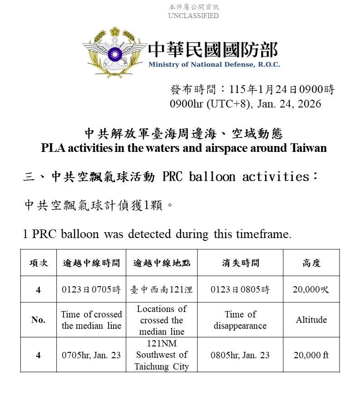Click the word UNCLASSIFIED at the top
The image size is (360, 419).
point(193,16)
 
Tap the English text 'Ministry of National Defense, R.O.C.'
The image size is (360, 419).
point(214,64)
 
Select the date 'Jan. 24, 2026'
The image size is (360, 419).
point(289,104)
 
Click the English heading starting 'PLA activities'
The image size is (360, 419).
point(184,148)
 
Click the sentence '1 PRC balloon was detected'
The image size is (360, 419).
point(157,234)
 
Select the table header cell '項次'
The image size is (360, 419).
point(38,263)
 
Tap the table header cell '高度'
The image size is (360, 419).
point(311,263)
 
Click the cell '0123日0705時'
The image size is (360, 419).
point(91,289)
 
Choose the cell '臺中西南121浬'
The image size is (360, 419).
point(162,289)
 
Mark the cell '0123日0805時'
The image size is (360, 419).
point(240,289)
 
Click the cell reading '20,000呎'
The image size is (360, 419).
point(311,289)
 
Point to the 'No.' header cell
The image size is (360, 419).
point(38,320)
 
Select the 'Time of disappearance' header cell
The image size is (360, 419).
point(240,320)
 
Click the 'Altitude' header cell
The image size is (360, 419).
point(311,320)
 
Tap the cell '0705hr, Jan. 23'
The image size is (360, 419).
point(91,355)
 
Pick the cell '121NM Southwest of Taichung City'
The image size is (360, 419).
point(162,355)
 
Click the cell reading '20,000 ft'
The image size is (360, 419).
point(311,355)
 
